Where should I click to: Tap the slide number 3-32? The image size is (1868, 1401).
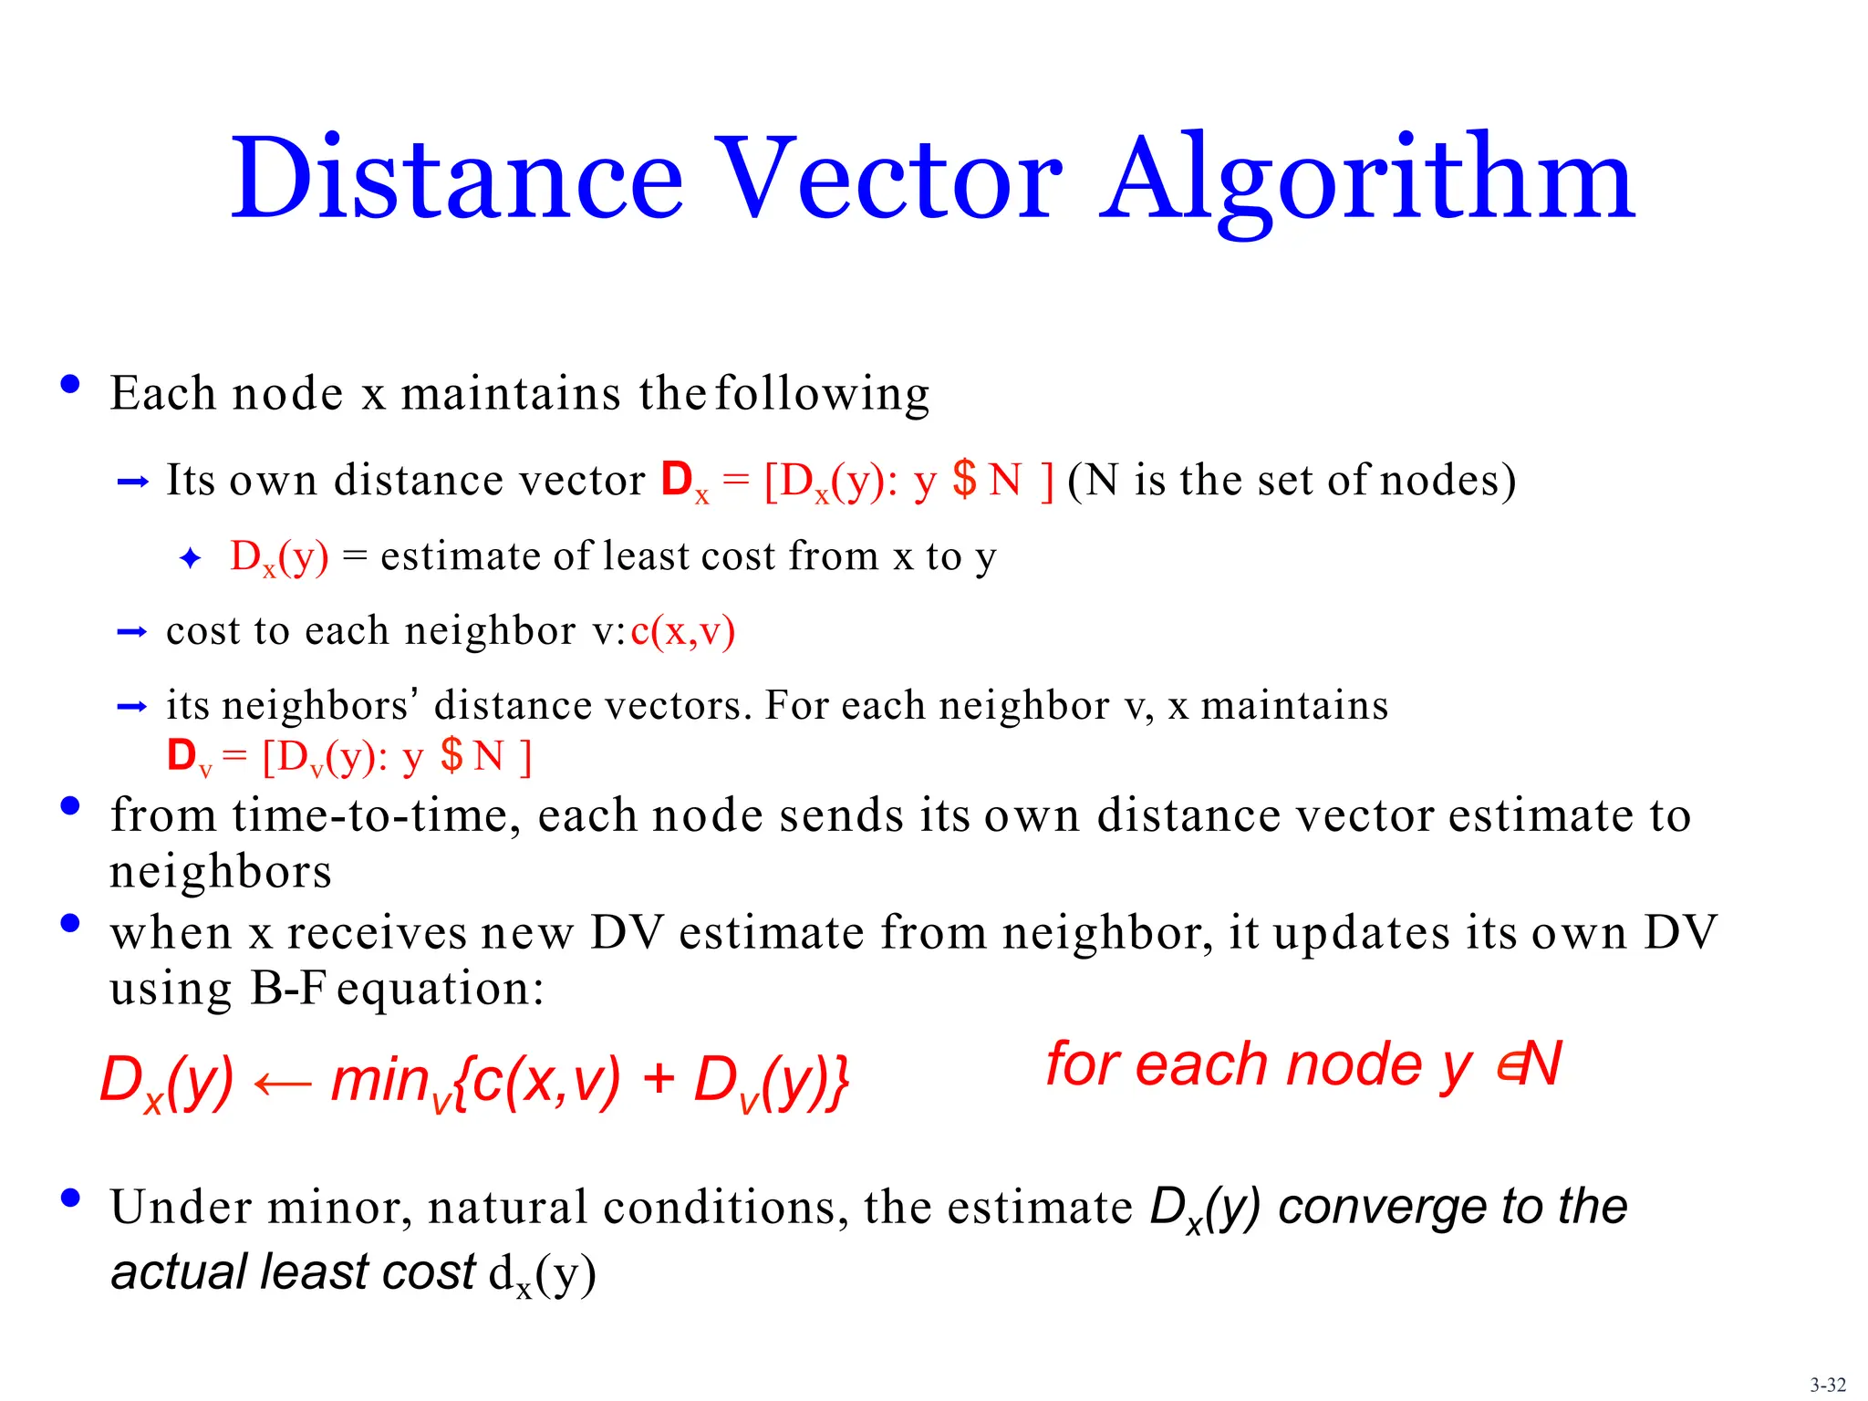pos(1828,1385)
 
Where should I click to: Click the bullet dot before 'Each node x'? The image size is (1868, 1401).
pos(70,384)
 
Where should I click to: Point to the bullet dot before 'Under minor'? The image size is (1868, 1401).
pos(70,1198)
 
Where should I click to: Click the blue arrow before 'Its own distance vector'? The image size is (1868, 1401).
pos(133,482)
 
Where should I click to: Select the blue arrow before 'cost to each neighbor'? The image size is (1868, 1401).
pos(133,631)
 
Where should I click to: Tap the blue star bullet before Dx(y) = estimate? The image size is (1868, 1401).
pos(190,557)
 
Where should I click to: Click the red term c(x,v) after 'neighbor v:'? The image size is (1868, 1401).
pos(682,631)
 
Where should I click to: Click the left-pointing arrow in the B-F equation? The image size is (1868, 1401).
pos(282,1083)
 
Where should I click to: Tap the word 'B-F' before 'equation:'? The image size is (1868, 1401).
pos(287,988)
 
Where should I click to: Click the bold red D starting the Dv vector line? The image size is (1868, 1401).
pos(182,755)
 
